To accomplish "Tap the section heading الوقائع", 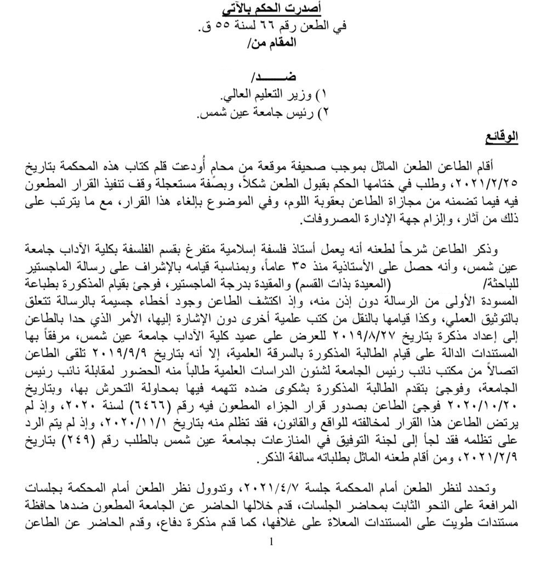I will coord(502,136).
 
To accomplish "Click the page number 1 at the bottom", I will coord(271,542).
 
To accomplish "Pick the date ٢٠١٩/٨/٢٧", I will coord(364,335).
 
